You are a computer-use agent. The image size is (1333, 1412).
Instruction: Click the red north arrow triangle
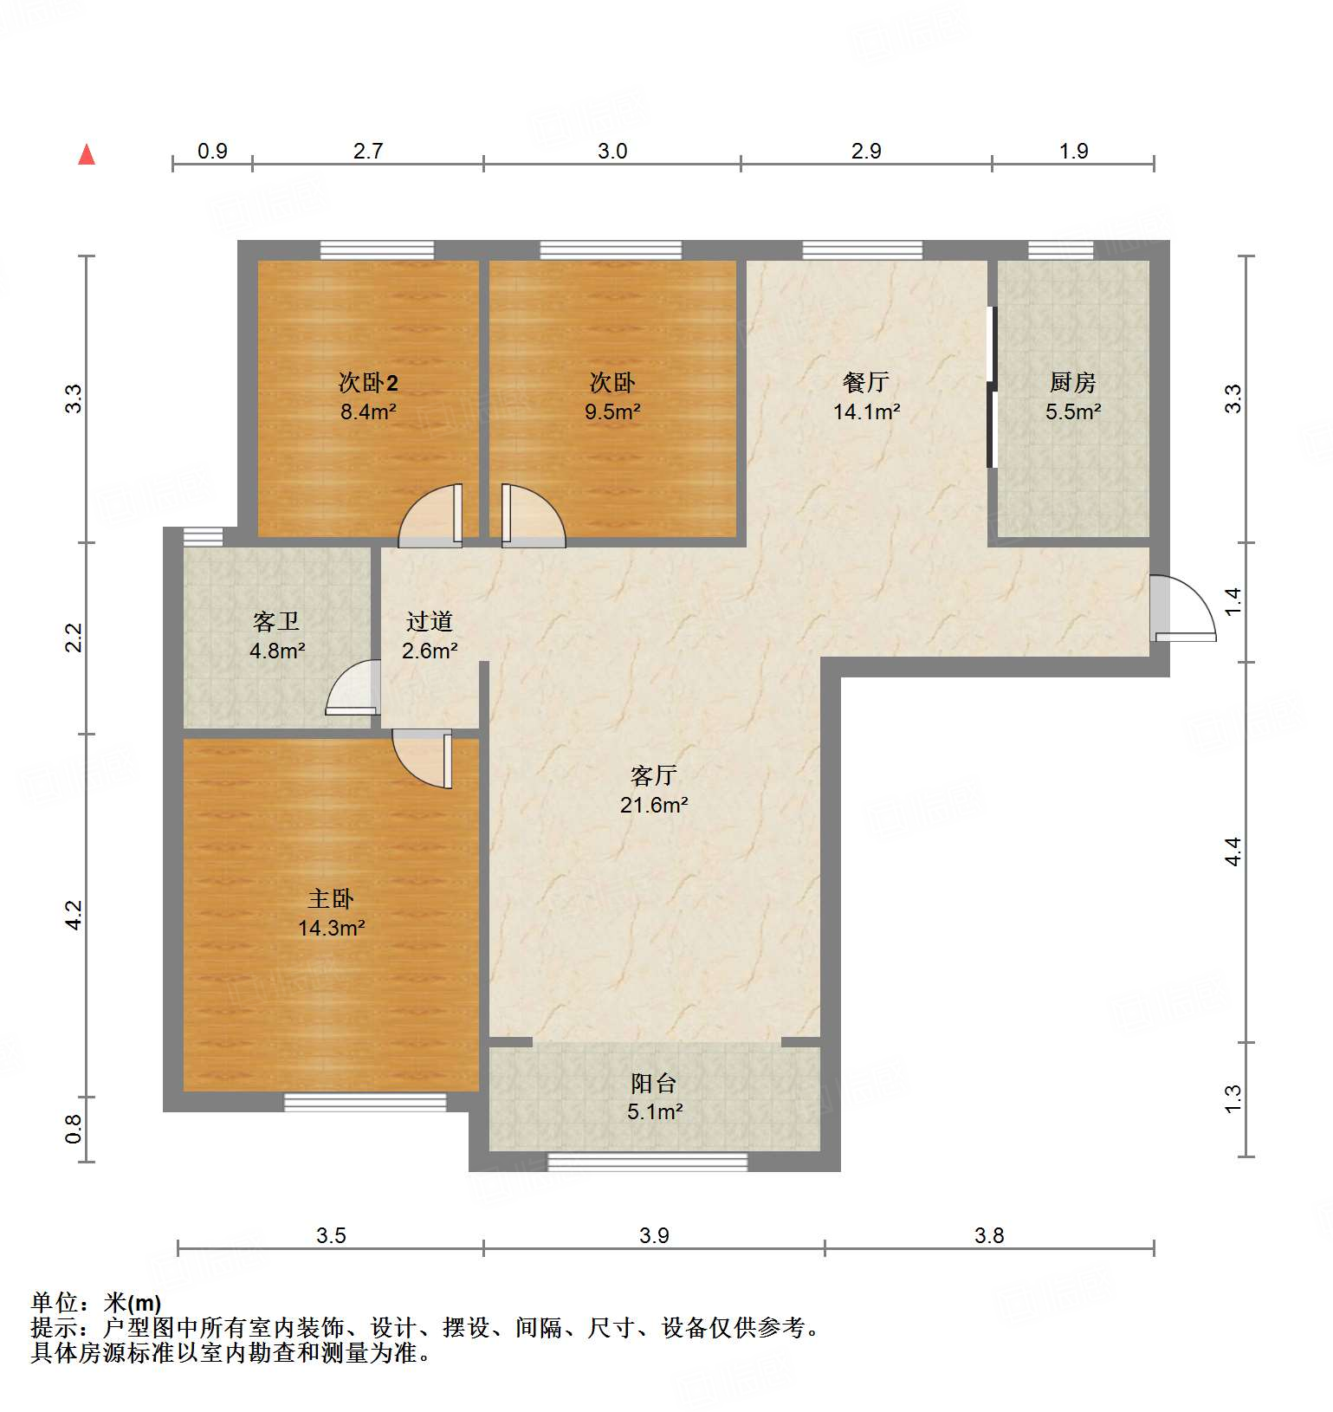point(87,155)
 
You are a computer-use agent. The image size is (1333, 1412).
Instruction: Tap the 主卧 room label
point(331,899)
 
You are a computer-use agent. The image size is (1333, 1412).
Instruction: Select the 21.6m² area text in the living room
point(654,805)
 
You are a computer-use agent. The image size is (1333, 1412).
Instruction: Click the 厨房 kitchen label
point(1073,382)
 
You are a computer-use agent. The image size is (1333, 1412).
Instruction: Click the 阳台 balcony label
point(654,1083)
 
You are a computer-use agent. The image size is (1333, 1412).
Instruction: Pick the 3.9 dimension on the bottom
point(654,1235)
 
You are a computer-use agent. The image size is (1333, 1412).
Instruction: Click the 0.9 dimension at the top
point(212,152)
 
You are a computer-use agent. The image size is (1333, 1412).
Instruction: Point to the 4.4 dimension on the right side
point(1233,852)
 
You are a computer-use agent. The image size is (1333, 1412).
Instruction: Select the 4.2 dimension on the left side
point(74,916)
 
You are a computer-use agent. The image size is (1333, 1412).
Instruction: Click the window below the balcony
point(648,1162)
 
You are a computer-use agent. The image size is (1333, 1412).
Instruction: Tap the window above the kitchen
point(1060,250)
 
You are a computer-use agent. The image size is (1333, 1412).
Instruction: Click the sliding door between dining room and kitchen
point(993,386)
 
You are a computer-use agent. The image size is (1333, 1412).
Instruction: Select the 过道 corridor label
point(430,621)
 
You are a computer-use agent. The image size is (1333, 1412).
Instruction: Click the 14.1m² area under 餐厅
point(866,411)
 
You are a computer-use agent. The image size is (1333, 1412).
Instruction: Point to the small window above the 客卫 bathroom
point(203,536)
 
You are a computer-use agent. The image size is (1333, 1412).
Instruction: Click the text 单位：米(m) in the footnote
point(96,1302)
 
